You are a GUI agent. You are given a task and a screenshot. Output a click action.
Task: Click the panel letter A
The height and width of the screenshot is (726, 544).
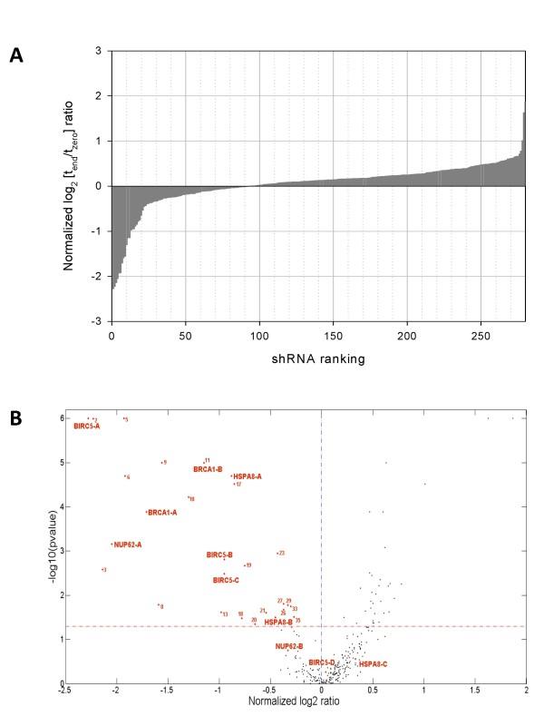pyautogui.click(x=15, y=56)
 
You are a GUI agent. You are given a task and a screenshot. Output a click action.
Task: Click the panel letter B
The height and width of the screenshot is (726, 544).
pyautogui.click(x=15, y=418)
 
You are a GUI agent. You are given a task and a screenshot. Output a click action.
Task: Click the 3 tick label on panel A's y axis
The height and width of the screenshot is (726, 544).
pyautogui.click(x=97, y=51)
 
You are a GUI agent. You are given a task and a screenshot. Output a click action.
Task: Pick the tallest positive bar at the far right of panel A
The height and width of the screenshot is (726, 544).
pyautogui.click(x=523, y=150)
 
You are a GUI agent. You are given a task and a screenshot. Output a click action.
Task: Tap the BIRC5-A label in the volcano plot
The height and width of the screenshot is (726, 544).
pyautogui.click(x=87, y=426)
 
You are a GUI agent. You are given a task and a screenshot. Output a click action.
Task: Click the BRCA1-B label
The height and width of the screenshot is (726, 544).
pyautogui.click(x=208, y=469)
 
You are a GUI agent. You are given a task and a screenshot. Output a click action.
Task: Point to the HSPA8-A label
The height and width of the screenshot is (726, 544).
pyautogui.click(x=248, y=476)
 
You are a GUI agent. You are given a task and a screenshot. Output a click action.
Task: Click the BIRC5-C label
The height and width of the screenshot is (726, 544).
pyautogui.click(x=226, y=580)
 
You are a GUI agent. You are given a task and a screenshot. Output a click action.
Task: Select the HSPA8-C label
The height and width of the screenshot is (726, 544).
pyautogui.click(x=373, y=664)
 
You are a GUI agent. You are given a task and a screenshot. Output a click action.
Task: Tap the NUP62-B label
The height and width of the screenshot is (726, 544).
pyautogui.click(x=289, y=646)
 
